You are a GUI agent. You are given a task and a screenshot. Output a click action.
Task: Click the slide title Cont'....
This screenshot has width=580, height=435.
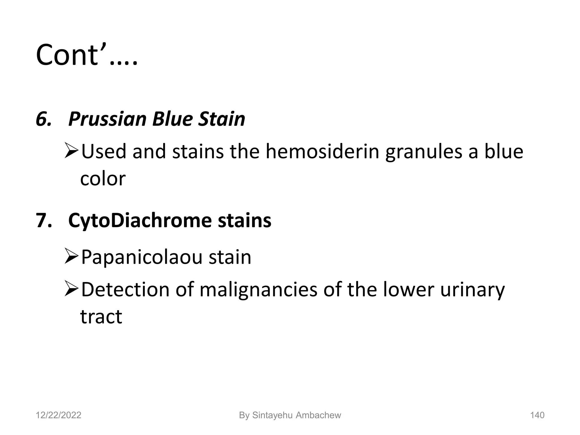pos(86,55)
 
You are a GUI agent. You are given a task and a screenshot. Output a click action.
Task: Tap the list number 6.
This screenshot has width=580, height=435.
pos(44,119)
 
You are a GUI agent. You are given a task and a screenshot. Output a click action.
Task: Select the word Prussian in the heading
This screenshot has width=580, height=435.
pos(107,119)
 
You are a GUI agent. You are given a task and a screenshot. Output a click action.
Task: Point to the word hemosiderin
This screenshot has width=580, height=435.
pos(322,152)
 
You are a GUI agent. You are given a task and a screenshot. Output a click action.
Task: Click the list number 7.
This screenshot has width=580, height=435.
pos(44,220)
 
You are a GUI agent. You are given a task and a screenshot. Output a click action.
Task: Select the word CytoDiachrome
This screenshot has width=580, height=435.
pos(140,220)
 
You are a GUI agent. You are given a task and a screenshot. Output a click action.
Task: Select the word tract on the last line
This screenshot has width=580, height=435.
pos(101,316)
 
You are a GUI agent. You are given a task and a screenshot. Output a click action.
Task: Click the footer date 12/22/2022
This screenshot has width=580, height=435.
pos(58,415)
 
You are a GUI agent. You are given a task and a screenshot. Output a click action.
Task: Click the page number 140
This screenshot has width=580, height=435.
pos(537,415)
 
